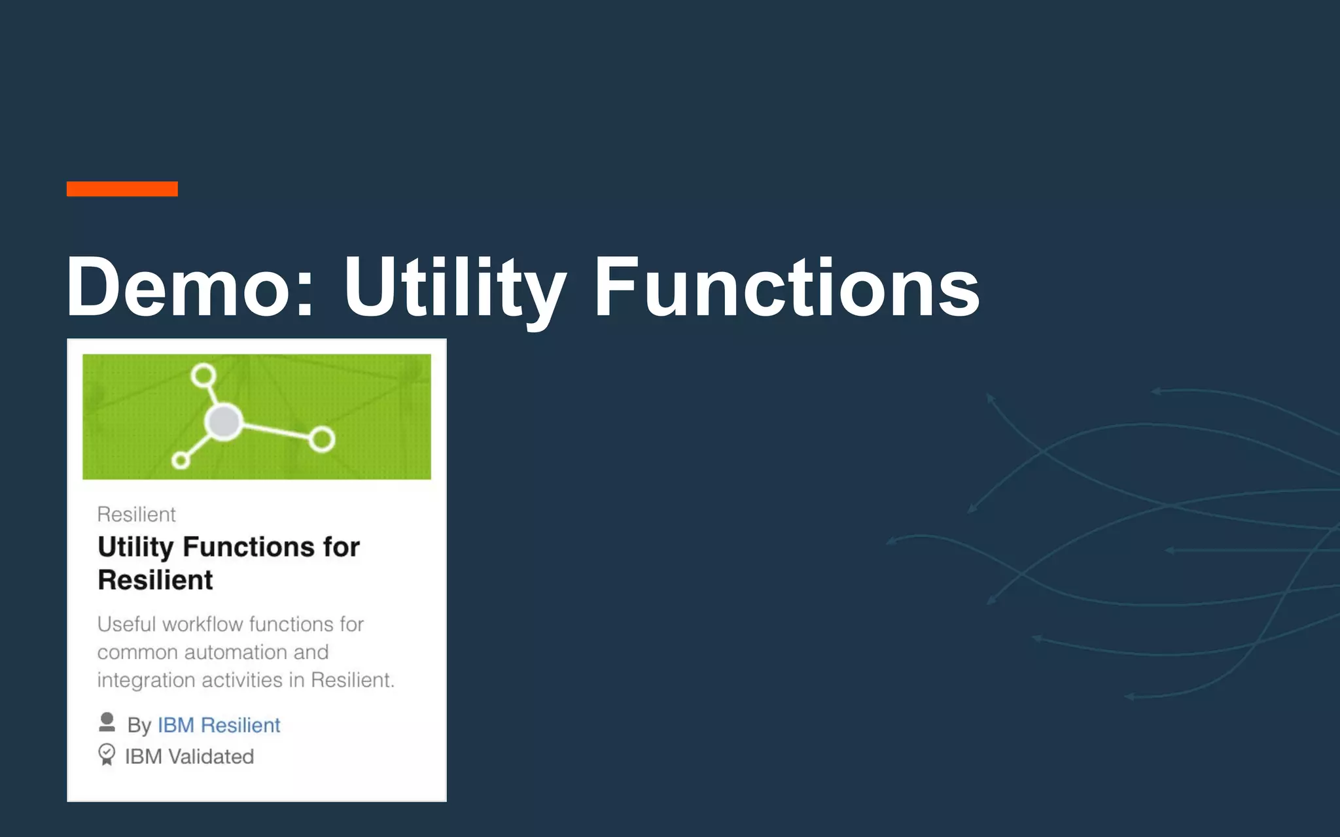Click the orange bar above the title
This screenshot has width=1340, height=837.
tap(122, 189)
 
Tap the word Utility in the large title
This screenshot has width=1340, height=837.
tap(454, 288)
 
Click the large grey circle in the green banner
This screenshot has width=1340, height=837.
tap(224, 422)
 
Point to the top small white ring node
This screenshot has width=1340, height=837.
tap(203, 375)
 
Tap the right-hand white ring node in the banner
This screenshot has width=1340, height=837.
tap(322, 439)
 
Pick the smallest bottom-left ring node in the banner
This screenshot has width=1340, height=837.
tap(181, 460)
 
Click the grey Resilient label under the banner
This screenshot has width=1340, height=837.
tap(136, 515)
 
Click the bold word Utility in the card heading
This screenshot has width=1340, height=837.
tap(135, 547)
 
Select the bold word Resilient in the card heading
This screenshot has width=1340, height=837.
tap(155, 580)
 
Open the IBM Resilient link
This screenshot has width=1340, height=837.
tap(219, 725)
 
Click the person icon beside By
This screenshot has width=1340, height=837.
tap(107, 723)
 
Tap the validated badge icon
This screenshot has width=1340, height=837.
tap(107, 755)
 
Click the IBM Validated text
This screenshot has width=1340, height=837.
tap(189, 757)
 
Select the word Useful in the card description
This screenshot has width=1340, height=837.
tap(126, 624)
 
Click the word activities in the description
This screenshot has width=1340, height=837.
tap(242, 680)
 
